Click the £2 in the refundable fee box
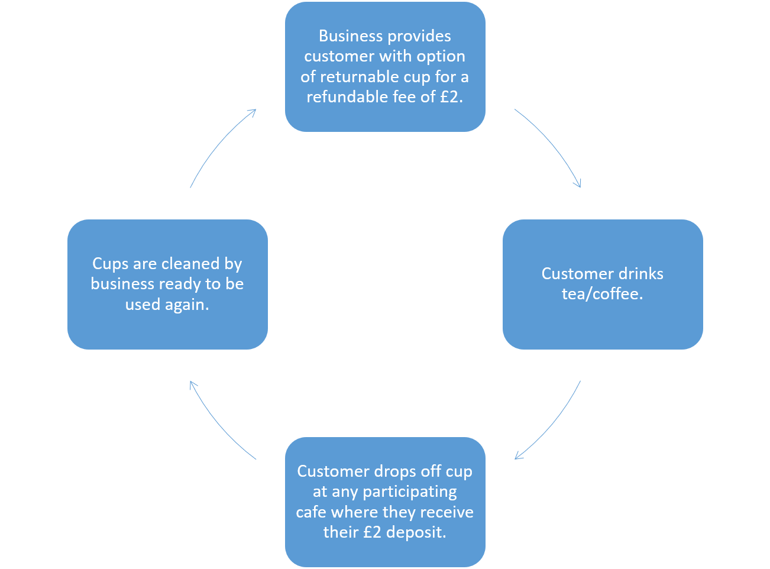pyautogui.click(x=450, y=97)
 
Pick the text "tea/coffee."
pyautogui.click(x=602, y=294)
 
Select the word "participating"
pyautogui.click(x=409, y=492)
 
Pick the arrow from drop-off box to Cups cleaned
pyautogui.click(x=219, y=423)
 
